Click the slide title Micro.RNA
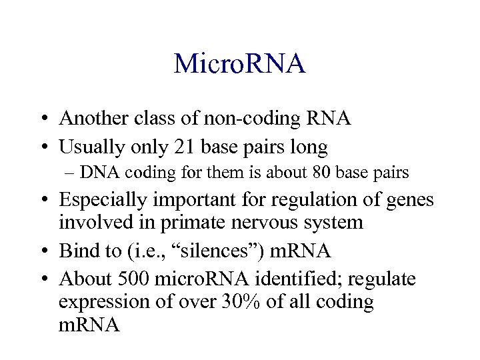(239, 64)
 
